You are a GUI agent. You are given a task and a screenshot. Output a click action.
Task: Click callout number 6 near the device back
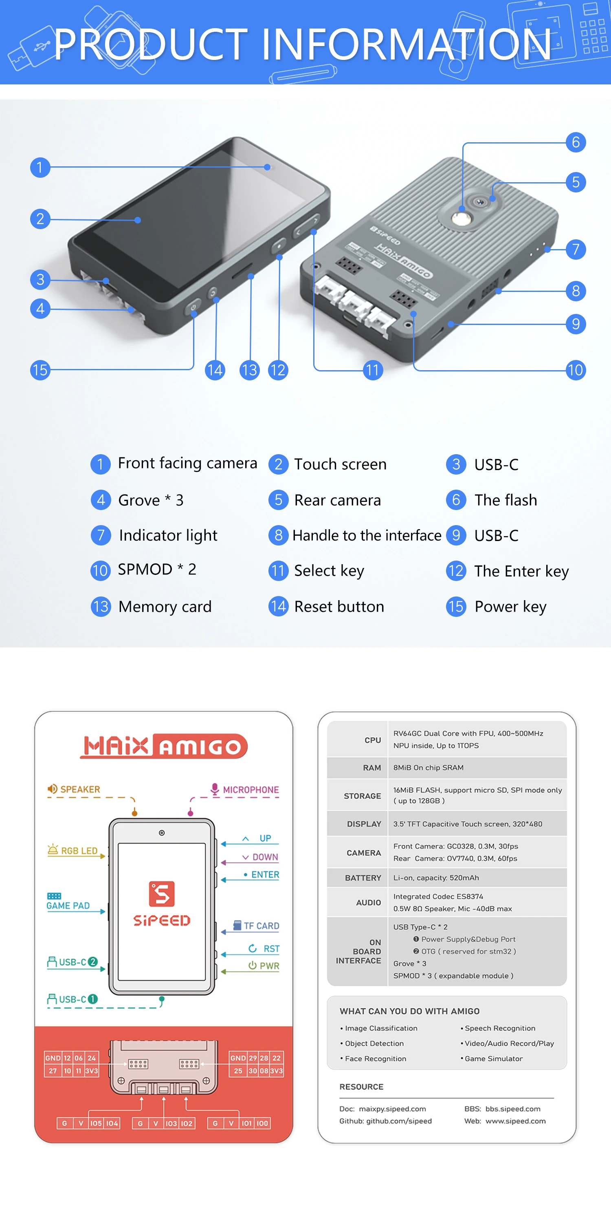[x=576, y=142]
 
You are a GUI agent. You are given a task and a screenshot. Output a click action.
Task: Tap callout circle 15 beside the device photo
[x=40, y=369]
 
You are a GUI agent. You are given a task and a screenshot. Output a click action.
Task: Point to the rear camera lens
[x=481, y=202]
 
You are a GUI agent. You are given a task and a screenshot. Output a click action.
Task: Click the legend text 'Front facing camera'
[x=187, y=463]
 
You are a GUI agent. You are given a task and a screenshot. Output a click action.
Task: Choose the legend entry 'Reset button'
[x=339, y=607]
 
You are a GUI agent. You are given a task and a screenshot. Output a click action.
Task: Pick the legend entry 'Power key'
[x=510, y=607]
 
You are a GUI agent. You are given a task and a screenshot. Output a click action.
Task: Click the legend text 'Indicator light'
[x=168, y=535]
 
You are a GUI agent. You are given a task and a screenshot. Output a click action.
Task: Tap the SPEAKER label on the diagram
[x=80, y=789]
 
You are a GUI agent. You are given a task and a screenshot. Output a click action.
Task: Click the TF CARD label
[x=261, y=925]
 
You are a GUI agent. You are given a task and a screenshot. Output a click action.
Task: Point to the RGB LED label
[x=79, y=850]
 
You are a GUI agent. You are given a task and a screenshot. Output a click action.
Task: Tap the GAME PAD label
[x=68, y=905]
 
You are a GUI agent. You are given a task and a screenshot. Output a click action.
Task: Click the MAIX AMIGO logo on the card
[x=163, y=746]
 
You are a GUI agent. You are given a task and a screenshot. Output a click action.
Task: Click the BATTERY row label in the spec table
[x=363, y=878]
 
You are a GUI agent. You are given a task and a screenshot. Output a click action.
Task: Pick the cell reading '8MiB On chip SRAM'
[x=428, y=768]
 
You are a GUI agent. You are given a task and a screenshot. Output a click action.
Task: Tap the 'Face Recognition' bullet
[x=376, y=1059]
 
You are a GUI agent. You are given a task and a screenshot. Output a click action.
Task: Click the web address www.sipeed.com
[x=515, y=1121]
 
